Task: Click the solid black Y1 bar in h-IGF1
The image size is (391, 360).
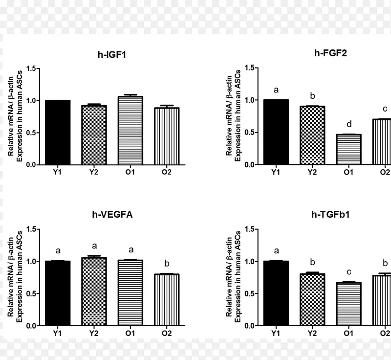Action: [x=58, y=133]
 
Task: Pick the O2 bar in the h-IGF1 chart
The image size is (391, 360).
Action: [x=167, y=136]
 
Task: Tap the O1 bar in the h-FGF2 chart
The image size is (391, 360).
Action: [x=348, y=150]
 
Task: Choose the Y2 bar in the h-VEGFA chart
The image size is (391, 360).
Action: [x=94, y=292]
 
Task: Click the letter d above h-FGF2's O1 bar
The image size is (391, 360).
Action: [x=348, y=124]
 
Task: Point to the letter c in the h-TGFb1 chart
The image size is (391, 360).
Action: [x=348, y=272]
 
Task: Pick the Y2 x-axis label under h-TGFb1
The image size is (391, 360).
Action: [x=312, y=333]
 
